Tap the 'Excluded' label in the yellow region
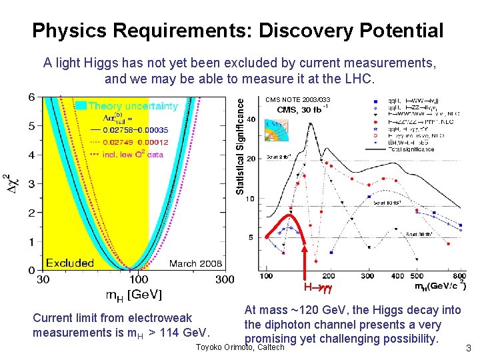click(69, 263)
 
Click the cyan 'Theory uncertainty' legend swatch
click(79, 105)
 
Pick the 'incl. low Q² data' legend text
click(133, 154)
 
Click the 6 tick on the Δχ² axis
click(31, 97)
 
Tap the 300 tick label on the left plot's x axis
click(225, 279)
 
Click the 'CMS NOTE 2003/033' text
click(298, 100)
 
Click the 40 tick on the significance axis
click(251, 119)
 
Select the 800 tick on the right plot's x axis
click(460, 275)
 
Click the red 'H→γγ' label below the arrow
click(317, 288)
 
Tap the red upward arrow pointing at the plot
click(305, 260)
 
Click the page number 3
click(469, 348)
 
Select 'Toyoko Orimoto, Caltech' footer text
click(241, 348)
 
